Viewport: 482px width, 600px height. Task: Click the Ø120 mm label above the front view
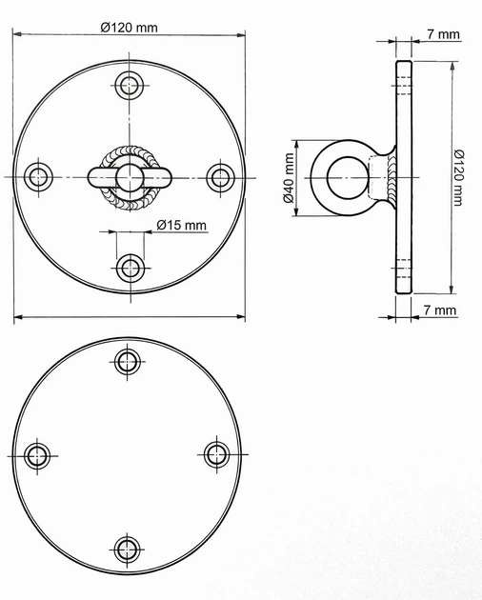129,28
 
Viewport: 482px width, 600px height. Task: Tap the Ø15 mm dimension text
182,225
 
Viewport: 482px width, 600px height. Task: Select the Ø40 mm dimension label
289,178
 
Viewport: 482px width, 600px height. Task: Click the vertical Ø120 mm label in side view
458,177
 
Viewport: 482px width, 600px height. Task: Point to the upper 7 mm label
443,34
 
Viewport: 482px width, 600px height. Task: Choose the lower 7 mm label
440,310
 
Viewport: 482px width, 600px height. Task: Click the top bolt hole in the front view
130,85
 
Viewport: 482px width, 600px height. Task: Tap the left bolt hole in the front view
38,177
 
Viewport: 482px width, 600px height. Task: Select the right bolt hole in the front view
220,177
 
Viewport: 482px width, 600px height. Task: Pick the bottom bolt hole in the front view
131,268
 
